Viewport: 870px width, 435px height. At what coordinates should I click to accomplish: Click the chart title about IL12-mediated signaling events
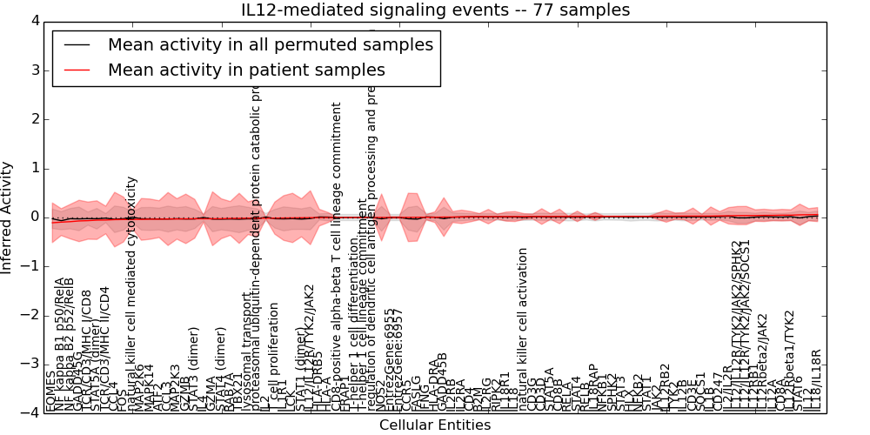(x=435, y=10)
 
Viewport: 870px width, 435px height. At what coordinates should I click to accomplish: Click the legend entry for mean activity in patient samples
(x=246, y=70)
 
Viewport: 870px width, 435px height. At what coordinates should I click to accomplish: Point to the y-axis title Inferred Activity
(x=8, y=217)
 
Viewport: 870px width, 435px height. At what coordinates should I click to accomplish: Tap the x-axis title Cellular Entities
(x=435, y=425)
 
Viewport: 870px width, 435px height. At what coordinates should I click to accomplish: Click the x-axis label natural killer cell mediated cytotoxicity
(x=132, y=294)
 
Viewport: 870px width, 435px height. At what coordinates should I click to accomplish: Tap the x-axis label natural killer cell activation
(x=523, y=329)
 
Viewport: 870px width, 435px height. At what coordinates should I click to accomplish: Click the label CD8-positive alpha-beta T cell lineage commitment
(x=338, y=257)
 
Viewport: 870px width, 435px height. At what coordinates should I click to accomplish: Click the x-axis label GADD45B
(x=443, y=382)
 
